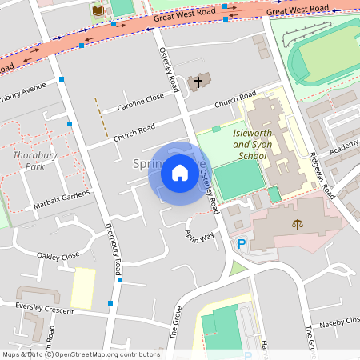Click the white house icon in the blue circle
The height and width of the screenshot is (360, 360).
tap(180, 173)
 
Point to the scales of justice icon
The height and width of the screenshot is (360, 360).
tap(298, 226)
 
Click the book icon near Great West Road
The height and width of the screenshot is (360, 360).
tap(98, 10)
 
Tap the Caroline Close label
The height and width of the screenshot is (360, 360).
tap(140, 102)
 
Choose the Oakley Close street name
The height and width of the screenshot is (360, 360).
tap(58, 255)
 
